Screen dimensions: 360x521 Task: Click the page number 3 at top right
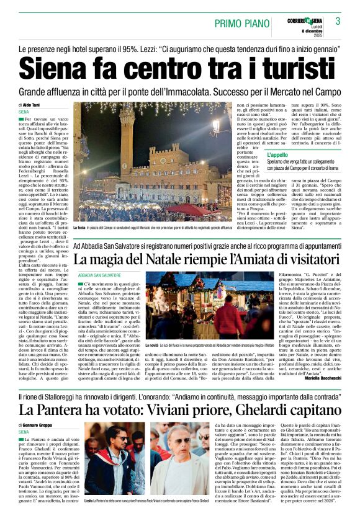click(338, 21)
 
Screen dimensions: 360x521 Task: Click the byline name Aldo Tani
click(31, 106)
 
